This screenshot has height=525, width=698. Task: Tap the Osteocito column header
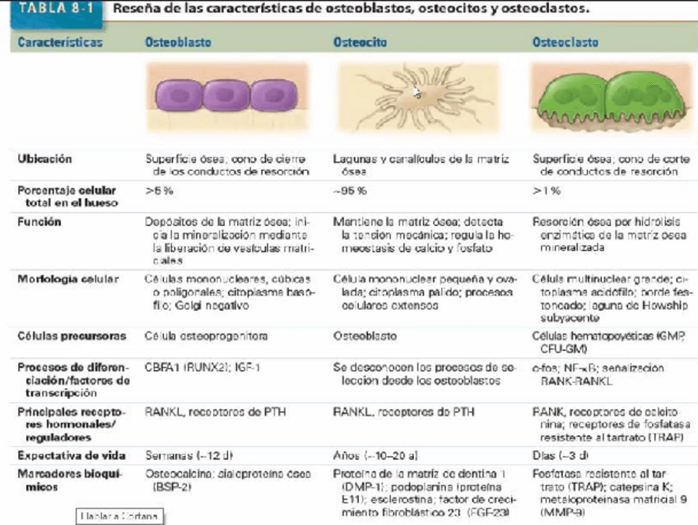pyautogui.click(x=360, y=40)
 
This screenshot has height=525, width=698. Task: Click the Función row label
pyautogui.click(x=40, y=221)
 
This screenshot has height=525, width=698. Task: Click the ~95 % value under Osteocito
pyautogui.click(x=351, y=190)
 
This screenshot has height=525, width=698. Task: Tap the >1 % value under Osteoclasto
pyautogui.click(x=547, y=190)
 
